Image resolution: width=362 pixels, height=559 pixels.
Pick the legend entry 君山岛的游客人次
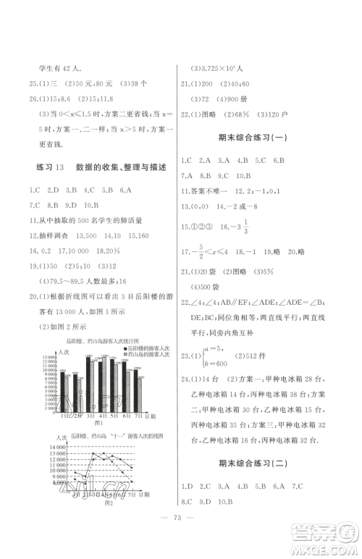148,354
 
